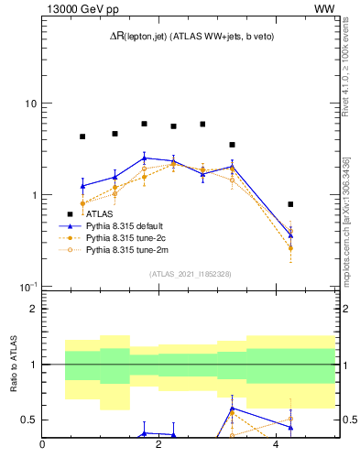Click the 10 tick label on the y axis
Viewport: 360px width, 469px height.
[29, 104]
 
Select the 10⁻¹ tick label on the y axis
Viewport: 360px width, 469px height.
[27, 287]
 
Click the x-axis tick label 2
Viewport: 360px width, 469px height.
[159, 444]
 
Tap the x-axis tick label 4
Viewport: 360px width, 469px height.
[276, 444]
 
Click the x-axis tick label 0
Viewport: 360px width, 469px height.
[43, 444]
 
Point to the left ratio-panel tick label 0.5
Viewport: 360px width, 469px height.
[30, 420]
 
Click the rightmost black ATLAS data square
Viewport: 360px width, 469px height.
[290, 204]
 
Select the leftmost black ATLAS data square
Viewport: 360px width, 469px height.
[82, 136]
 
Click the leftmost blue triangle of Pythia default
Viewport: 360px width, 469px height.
[82, 186]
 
